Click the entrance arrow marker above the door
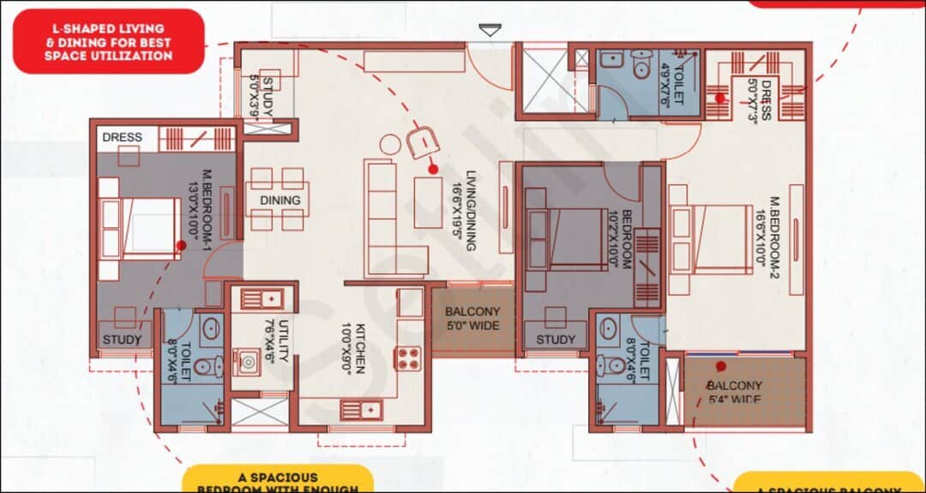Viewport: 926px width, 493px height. (x=490, y=31)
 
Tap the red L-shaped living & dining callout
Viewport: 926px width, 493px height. (x=108, y=41)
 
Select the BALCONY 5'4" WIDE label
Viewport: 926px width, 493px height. (x=736, y=393)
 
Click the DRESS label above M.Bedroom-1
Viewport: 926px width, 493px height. (x=122, y=137)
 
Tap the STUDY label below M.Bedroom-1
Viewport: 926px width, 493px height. (x=122, y=340)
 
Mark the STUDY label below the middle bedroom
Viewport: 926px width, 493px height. (x=556, y=340)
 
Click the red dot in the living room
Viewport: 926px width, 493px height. (x=433, y=170)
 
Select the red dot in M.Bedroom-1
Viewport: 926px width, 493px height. (x=181, y=245)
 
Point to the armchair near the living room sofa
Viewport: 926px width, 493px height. (x=422, y=141)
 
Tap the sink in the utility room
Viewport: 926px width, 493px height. (x=262, y=299)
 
